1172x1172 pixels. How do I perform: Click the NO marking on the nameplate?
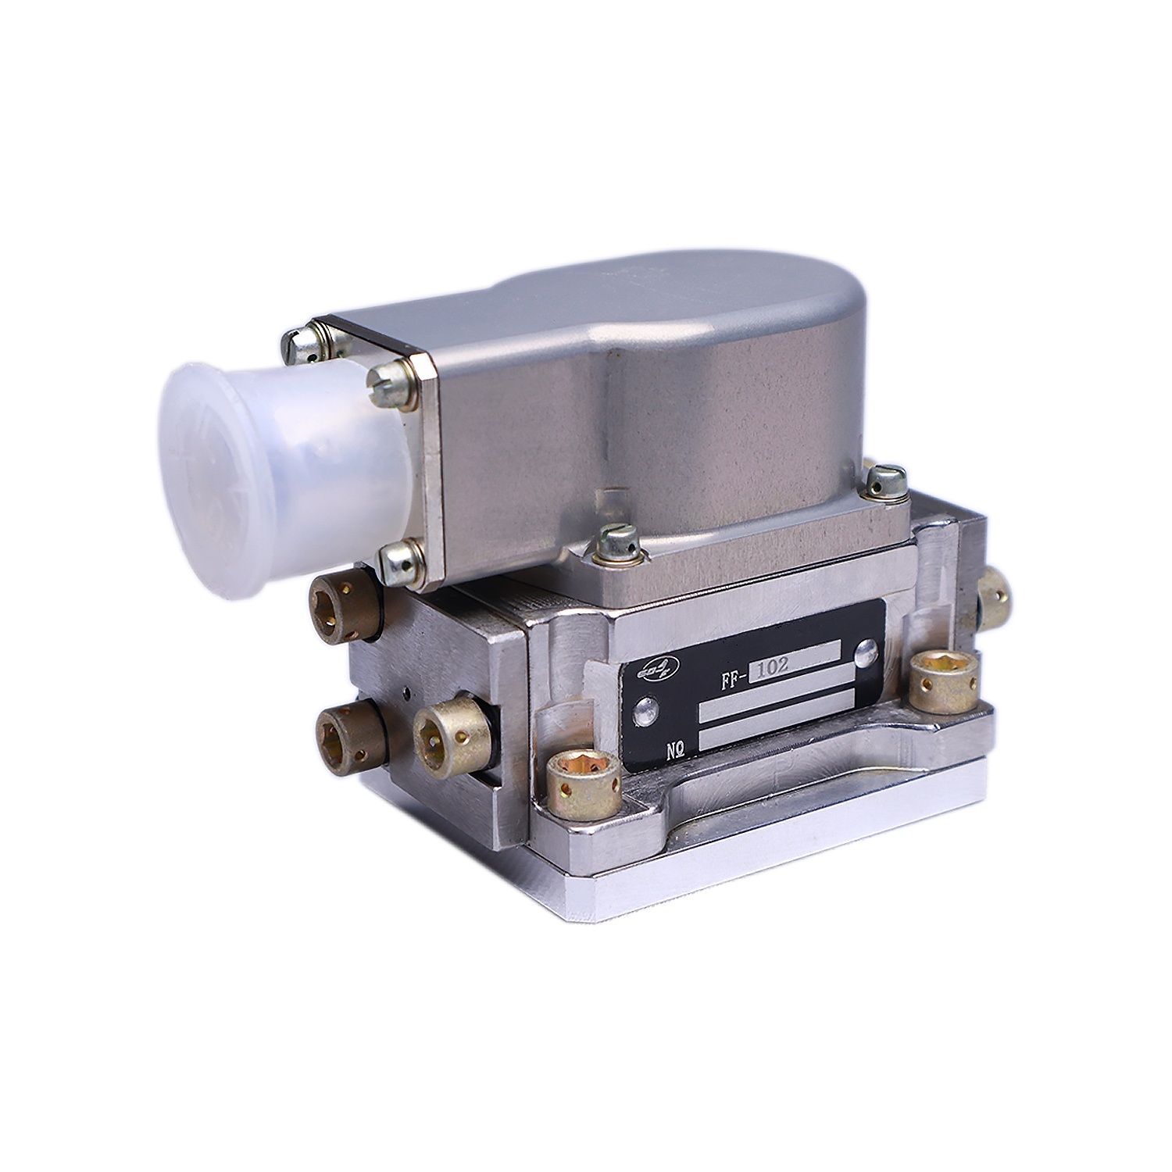[x=676, y=750]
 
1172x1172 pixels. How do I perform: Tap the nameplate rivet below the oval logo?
[x=645, y=710]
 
